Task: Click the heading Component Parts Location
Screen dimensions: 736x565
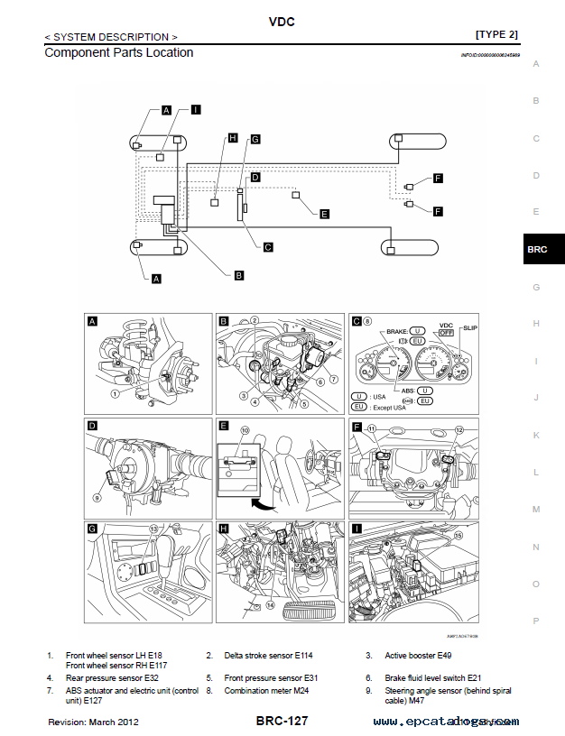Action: (118, 52)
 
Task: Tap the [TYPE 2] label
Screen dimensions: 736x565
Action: (496, 35)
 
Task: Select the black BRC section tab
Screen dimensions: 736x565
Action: (536, 250)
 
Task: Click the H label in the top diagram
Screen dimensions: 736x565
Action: (232, 138)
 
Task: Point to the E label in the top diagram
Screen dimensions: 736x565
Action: (325, 214)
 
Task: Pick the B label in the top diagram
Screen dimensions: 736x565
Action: (238, 274)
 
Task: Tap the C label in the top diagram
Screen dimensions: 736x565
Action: (267, 246)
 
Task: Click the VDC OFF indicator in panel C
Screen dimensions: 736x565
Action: (445, 332)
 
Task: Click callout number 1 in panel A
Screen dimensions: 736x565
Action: (116, 393)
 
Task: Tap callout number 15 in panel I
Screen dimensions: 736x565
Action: (458, 535)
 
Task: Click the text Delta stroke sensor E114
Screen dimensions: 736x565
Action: (265, 655)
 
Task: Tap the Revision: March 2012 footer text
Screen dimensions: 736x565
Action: (94, 722)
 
